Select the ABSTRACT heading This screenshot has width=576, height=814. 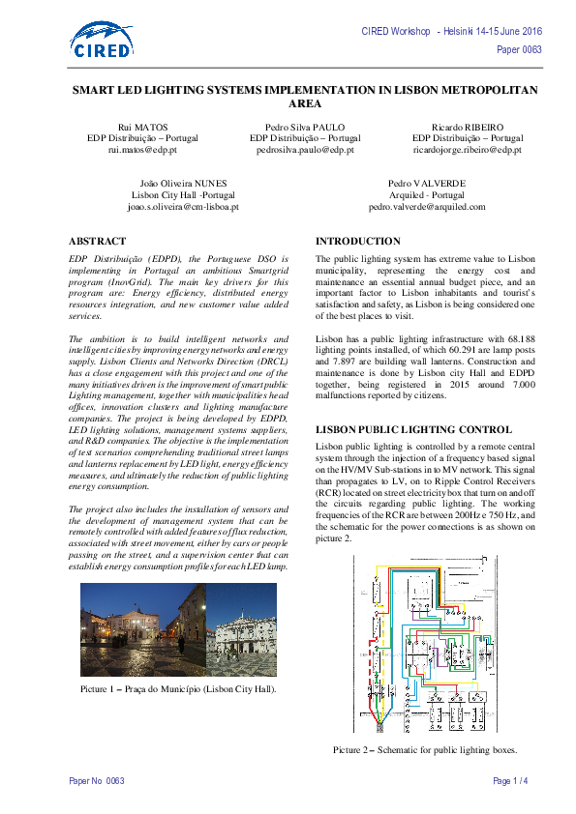click(x=97, y=241)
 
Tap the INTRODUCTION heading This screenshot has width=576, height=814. click(x=358, y=241)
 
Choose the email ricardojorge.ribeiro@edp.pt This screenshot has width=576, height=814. click(x=468, y=151)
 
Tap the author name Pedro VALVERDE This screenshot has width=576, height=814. click(x=427, y=182)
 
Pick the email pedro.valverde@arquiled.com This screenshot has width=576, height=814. click(x=427, y=206)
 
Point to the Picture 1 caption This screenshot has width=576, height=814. click(x=178, y=689)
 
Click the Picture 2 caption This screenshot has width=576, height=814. click(x=425, y=750)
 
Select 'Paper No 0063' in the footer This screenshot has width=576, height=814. click(x=97, y=780)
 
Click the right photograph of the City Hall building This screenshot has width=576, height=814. click(x=241, y=630)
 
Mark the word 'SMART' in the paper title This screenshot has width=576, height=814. click(x=100, y=89)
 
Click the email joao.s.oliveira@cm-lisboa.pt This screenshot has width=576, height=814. click(x=183, y=206)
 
